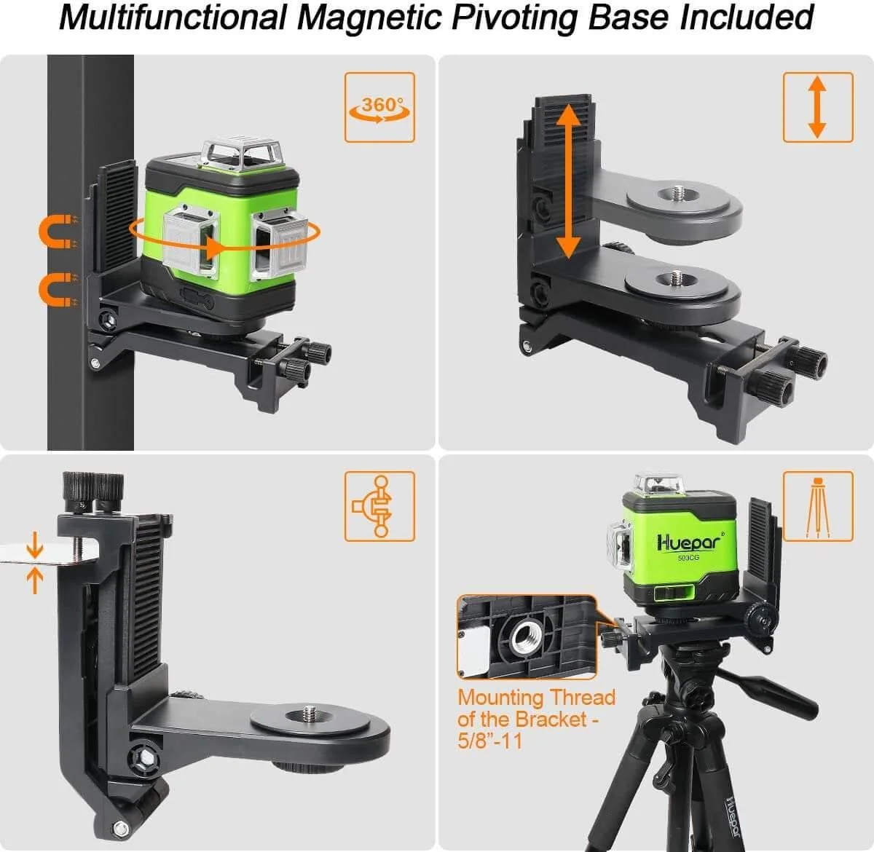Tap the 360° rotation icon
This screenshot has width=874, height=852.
pos(379,108)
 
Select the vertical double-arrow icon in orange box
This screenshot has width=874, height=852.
pos(817,107)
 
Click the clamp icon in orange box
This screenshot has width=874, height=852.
pos(379,506)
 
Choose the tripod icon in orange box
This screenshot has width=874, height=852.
pos(818,506)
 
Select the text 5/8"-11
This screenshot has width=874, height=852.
pos(489,741)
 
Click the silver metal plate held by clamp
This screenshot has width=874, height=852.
pos(36,553)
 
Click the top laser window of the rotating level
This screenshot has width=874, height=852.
pos(236,151)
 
